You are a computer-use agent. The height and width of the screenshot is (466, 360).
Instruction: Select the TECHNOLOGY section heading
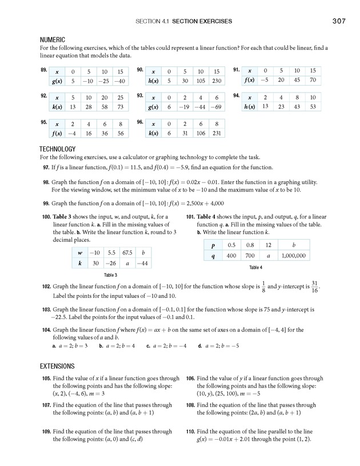58,149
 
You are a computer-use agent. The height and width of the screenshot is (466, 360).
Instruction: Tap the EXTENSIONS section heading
57,366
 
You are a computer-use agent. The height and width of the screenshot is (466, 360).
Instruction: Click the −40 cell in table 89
119,82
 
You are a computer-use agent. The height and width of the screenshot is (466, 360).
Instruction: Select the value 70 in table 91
312,81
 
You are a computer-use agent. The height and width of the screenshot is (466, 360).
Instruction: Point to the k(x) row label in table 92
57,107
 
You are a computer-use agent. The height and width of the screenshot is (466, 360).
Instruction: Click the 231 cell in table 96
215,133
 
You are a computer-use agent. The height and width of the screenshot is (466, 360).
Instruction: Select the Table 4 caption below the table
255,267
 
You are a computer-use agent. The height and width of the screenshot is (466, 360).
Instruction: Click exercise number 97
46,168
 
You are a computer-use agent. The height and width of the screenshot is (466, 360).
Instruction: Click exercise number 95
43,122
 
